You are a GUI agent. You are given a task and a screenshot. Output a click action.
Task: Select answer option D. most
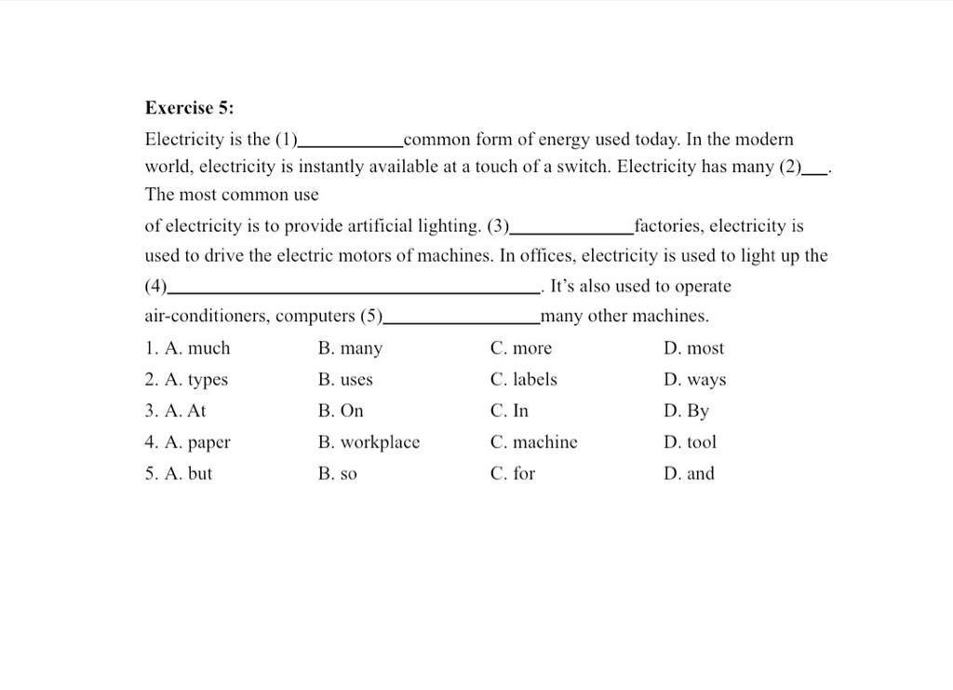coord(694,348)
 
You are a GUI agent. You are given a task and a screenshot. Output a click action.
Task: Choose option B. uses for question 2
coord(345,380)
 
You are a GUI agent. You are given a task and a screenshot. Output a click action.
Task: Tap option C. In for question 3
coord(509,411)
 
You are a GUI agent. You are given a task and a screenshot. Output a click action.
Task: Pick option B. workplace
coord(369,442)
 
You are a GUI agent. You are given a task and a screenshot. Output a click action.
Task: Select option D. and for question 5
coord(690,473)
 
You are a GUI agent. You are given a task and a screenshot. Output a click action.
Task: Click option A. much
coord(188,348)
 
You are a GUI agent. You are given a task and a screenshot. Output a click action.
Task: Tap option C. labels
coord(524,380)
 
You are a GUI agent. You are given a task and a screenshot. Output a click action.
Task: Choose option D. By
coord(687,411)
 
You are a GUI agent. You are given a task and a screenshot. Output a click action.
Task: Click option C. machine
coord(534,442)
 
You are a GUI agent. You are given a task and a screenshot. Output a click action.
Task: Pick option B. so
coord(338,474)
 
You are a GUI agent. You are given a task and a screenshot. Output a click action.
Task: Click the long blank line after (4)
coord(355,292)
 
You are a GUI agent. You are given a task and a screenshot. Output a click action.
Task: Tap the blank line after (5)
coord(462,322)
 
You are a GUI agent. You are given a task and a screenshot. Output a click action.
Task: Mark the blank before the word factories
coord(572,232)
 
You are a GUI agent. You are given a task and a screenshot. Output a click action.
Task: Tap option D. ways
coord(696,380)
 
